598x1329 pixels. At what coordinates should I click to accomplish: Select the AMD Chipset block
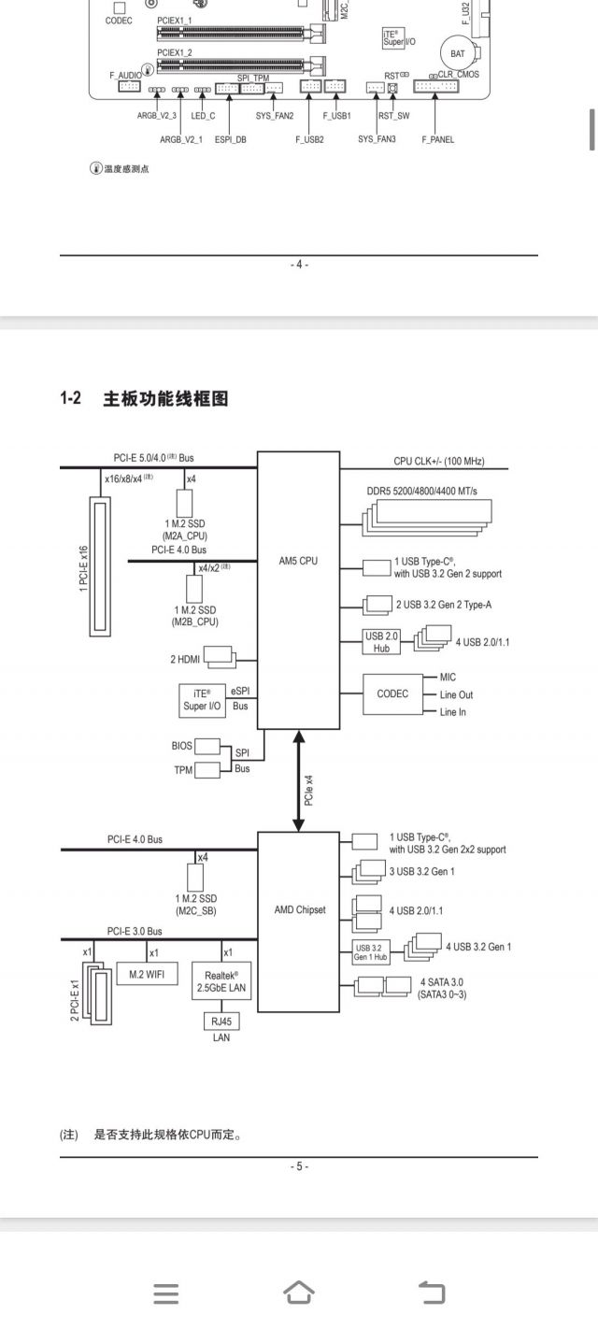click(299, 909)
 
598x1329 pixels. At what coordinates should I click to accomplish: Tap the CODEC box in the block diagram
click(392, 694)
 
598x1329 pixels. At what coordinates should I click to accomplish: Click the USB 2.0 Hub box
click(381, 642)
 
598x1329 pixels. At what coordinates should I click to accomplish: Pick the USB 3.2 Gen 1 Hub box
click(371, 952)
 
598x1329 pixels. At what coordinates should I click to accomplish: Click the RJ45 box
click(221, 1021)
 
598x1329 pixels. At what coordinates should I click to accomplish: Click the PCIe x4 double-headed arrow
click(299, 782)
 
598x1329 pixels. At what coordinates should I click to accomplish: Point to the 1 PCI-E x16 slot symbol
click(100, 567)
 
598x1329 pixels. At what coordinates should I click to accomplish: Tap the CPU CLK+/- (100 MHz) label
click(438, 462)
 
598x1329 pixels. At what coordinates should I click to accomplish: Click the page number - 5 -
click(299, 1166)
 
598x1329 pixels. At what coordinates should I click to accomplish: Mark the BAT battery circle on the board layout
click(457, 54)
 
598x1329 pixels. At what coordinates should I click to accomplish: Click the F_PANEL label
click(437, 140)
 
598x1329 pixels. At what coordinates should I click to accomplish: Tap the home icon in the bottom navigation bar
click(298, 1293)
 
